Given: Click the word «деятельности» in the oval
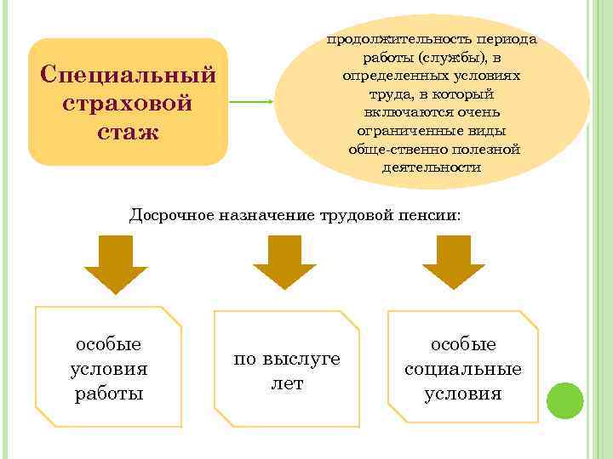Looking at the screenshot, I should tap(432, 167).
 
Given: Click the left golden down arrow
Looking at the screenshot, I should tap(116, 264).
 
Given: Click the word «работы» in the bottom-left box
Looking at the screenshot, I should tap(109, 394).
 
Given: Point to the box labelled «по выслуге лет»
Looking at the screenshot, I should tap(287, 371).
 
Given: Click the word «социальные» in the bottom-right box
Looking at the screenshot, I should tap(463, 369).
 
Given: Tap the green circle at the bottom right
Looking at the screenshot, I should tap(564, 399).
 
